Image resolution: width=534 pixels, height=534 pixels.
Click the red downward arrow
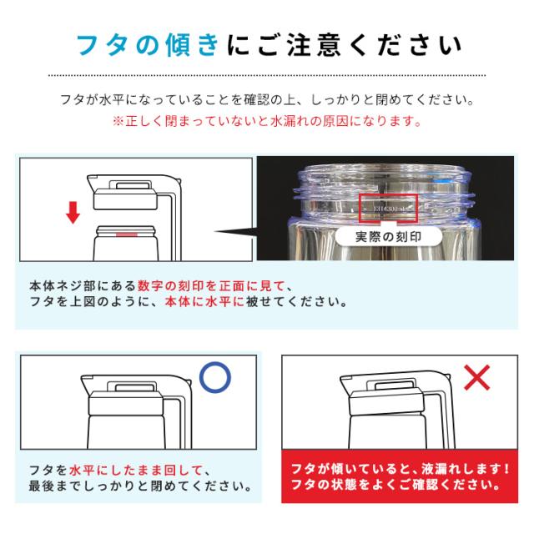pos(73,212)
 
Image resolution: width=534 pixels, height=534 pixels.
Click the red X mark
pos(477,377)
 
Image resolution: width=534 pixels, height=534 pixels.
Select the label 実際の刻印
pos(388,237)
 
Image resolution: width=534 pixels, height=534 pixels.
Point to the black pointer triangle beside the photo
pos(235,232)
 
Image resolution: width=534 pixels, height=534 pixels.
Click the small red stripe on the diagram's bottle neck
pos(127,234)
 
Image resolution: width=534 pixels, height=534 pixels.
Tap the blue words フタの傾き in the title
pos(147,45)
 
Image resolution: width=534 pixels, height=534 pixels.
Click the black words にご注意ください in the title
pos(344,45)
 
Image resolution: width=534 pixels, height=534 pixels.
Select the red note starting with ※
pos(267,121)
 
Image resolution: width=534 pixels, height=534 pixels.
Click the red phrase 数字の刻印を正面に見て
pos(211,285)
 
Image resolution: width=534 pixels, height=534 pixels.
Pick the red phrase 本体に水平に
pos(204,302)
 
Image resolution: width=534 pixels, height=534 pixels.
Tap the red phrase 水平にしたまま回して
pos(135,471)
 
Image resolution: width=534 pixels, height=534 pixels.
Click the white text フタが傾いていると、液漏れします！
pos(400,469)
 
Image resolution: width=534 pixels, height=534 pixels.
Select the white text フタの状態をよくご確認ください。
pos(396,485)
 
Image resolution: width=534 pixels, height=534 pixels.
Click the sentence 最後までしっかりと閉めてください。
pos(140,486)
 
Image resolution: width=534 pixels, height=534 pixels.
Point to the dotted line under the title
pos(267,75)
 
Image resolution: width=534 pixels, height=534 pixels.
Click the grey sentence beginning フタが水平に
pos(267,100)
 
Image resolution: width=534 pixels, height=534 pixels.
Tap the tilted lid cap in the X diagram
pos(387,403)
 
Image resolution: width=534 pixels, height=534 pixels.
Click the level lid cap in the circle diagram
pos(126,403)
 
